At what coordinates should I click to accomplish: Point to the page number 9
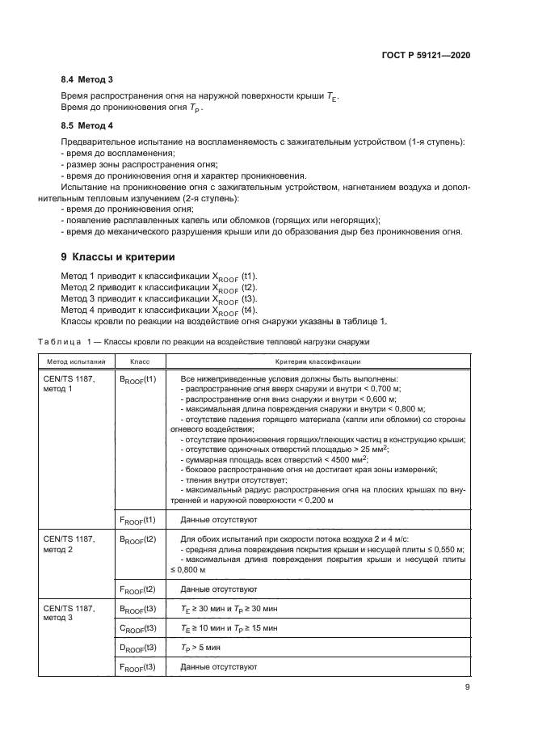coord(468,687)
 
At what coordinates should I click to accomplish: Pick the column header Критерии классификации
coord(320,361)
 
